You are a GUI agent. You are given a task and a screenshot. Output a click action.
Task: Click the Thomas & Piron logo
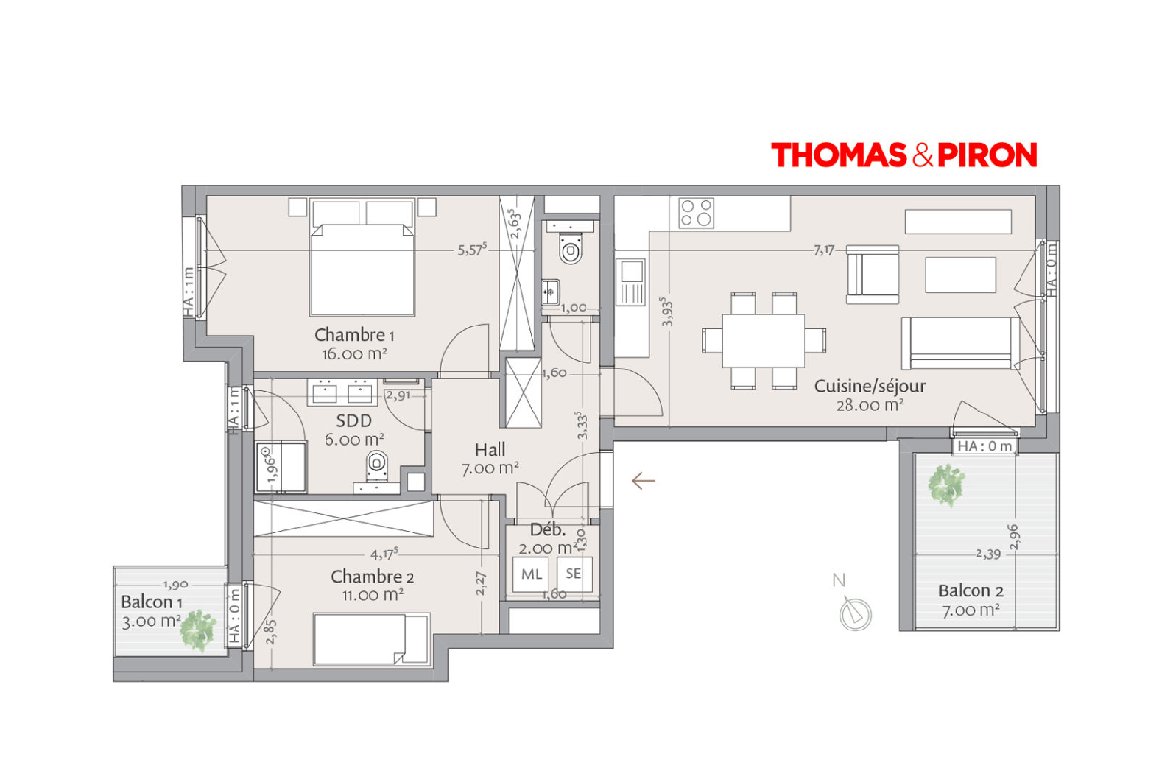904,154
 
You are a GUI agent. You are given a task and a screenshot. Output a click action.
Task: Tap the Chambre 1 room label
354,335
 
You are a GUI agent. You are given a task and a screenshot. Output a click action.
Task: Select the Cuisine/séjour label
870,386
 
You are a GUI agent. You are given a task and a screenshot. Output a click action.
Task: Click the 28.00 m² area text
869,405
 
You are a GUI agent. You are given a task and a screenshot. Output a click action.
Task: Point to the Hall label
490,450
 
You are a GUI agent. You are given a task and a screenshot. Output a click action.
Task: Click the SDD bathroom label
354,421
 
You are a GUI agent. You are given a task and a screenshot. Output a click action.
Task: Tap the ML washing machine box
531,574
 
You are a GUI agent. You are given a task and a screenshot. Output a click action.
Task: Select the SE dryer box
575,574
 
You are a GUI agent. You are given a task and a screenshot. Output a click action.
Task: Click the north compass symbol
854,613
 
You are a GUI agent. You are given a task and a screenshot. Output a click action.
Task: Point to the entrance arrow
643,480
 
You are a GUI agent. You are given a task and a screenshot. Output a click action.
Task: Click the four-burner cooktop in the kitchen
696,213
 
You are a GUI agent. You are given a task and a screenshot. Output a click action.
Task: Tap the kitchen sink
630,282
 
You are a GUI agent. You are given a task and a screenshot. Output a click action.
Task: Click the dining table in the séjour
763,340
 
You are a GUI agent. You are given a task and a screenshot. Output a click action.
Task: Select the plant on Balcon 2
946,485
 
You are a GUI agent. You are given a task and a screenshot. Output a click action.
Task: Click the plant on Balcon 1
197,630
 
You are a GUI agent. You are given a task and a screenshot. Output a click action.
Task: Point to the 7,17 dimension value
824,250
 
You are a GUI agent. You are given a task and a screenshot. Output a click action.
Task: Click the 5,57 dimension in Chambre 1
472,250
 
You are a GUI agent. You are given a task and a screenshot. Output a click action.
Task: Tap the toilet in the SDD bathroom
376,464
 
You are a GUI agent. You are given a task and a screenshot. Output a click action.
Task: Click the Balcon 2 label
971,591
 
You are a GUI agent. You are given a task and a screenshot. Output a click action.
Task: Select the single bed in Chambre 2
371,639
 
